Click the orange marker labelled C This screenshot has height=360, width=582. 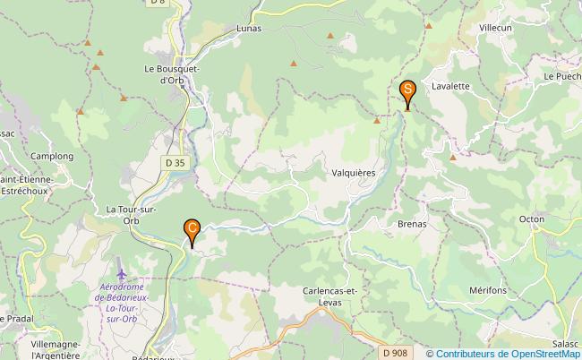click(x=192, y=230)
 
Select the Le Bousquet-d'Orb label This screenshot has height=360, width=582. click(x=172, y=73)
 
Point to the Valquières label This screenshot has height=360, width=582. click(x=353, y=171)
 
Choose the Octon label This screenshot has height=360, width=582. click(x=532, y=219)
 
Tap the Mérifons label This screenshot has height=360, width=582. click(x=487, y=291)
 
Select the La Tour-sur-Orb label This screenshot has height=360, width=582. click(x=131, y=215)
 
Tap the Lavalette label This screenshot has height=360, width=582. click(x=450, y=87)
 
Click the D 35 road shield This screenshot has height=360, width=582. click(x=175, y=162)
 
